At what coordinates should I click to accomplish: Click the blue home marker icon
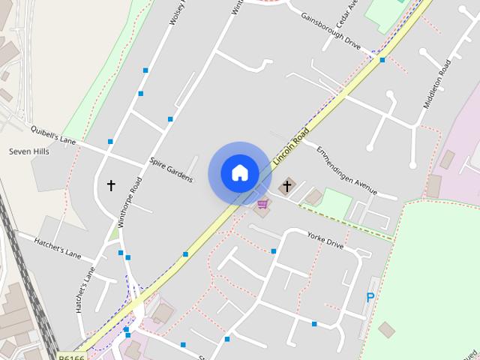pos(239,173)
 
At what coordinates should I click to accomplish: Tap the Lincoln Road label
pos(291,148)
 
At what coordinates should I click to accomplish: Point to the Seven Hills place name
pos(28,151)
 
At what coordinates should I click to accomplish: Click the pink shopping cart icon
pos(262,203)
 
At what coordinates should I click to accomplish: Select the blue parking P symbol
pos(370,297)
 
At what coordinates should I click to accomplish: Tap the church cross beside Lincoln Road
pos(286,185)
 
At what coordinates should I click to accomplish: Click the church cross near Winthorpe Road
pos(112,184)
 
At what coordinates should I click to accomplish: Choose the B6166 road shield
pos(71,355)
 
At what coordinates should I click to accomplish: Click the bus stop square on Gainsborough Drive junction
pos(382,60)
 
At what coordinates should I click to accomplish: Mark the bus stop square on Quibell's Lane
pos(110,141)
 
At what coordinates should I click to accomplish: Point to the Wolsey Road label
pos(177,13)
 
